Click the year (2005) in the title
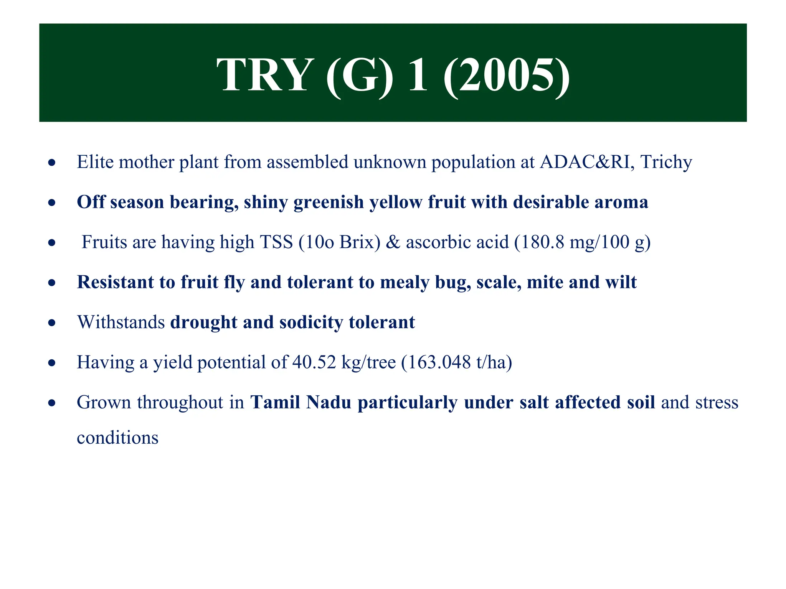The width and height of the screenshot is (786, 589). click(507, 75)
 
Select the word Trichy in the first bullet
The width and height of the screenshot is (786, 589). click(666, 162)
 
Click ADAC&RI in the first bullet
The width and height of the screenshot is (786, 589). click(585, 162)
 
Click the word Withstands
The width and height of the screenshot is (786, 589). click(121, 322)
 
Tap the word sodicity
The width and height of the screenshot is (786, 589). click(311, 322)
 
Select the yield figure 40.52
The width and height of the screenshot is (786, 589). click(314, 362)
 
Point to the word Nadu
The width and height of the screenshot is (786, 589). click(329, 402)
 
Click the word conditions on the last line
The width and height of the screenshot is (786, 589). click(117, 438)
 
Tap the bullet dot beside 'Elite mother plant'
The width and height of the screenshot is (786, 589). click(52, 163)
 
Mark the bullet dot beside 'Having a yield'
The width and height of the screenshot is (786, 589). click(52, 363)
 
